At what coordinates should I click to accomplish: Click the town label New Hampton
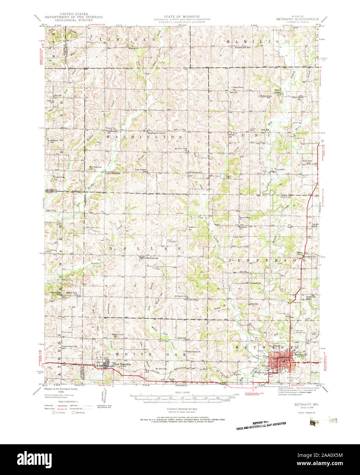(122, 365)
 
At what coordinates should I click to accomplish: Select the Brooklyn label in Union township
(280, 169)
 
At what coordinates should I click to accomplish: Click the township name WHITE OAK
(151, 355)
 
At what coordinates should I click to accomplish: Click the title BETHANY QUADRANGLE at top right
(298, 19)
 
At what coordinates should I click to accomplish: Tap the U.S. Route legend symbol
(53, 412)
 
